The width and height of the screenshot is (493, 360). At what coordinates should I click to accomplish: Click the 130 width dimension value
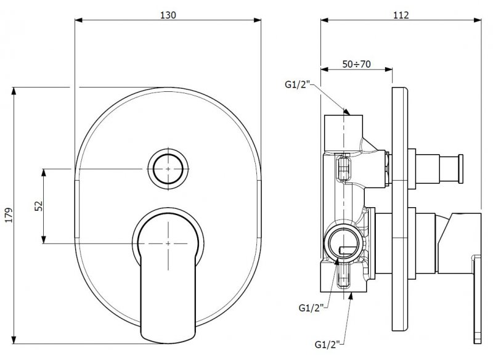168,15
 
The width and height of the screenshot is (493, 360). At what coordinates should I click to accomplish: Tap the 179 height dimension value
9,215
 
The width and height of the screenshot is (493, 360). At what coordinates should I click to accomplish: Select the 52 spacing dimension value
38,206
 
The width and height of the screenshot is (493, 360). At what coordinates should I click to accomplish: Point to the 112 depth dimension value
401,15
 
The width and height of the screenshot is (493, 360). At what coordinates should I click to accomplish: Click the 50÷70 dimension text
357,64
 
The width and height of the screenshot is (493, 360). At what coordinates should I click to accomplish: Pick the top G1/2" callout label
298,84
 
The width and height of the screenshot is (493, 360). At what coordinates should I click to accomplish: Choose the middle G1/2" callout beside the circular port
311,308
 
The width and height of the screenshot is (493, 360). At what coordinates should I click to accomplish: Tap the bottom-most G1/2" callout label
327,345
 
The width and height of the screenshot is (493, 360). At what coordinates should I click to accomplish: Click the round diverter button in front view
168,169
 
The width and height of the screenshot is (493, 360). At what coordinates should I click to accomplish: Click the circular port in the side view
344,242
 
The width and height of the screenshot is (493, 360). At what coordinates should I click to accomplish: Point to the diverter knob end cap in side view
461,169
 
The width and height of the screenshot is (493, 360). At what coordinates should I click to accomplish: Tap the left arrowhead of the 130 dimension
79,20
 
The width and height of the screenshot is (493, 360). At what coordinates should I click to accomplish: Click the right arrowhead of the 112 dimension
477,20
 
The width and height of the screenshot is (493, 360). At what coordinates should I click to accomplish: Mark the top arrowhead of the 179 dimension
14,91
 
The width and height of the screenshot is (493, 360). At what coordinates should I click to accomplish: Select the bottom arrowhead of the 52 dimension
44,240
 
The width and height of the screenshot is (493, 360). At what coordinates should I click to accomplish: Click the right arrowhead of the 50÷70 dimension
389,70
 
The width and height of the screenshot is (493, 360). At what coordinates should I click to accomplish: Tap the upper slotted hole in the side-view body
344,169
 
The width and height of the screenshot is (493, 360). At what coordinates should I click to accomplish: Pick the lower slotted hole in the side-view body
344,276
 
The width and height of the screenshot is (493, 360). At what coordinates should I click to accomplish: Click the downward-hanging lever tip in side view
477,300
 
